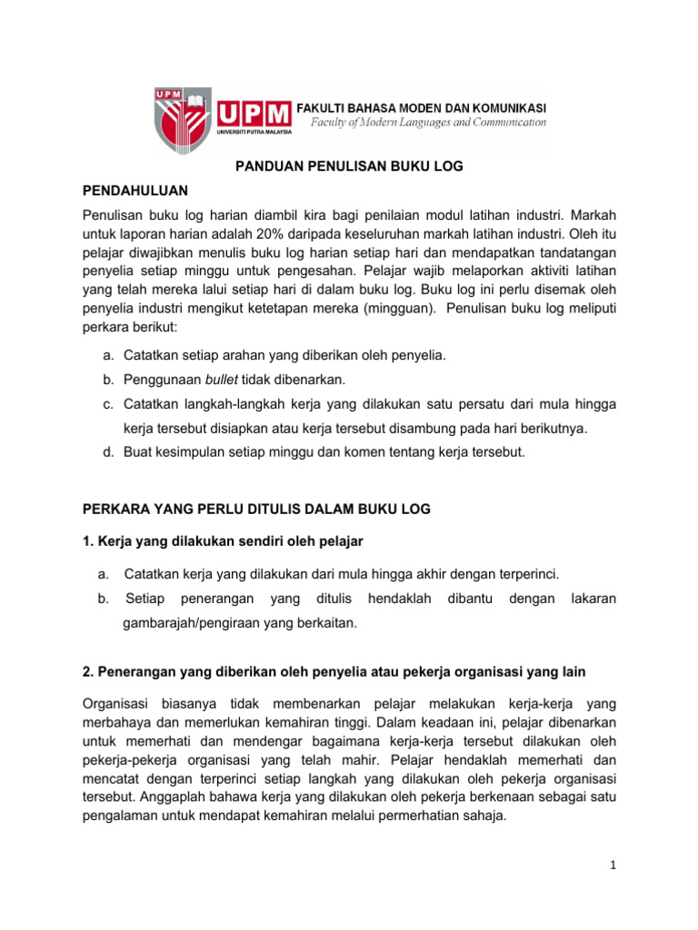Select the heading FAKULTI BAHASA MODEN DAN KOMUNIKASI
click(423, 106)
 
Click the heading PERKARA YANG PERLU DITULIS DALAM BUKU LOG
click(256, 510)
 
